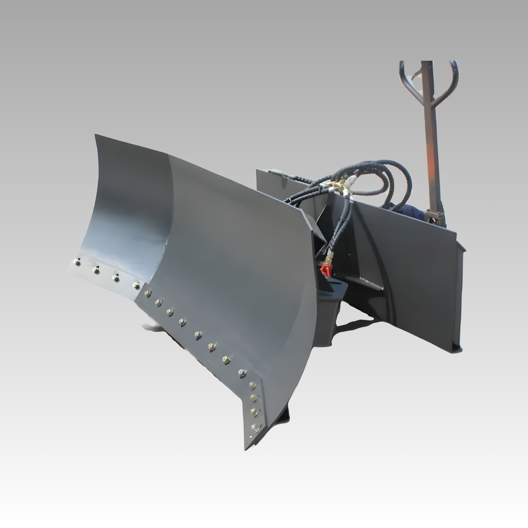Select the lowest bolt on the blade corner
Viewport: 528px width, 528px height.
tap(253, 426)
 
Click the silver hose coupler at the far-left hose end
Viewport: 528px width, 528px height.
tap(275, 172)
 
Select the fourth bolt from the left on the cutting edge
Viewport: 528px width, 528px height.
tap(136, 286)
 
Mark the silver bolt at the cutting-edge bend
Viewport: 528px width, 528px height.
tap(241, 373)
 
